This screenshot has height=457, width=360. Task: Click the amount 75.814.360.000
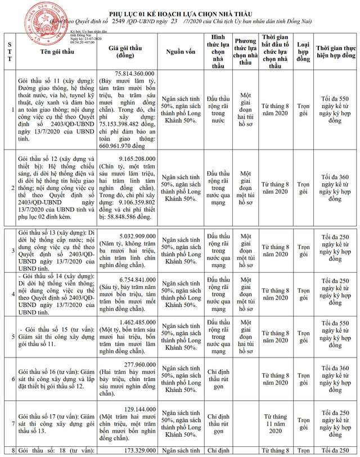click(x=136, y=74)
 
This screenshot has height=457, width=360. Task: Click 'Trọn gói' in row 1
click(x=304, y=110)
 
